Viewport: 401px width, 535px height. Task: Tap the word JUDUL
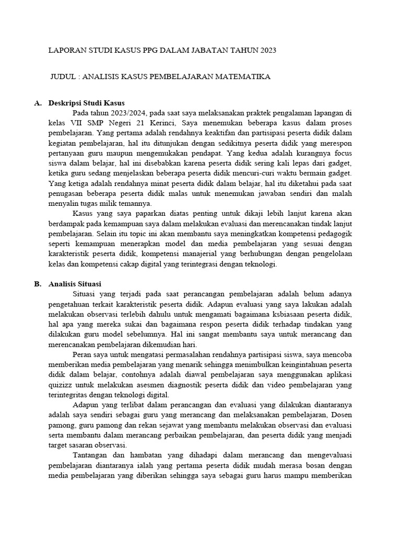(x=64, y=77)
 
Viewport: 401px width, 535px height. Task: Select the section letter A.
(x=37, y=103)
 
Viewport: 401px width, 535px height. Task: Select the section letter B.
(x=37, y=284)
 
